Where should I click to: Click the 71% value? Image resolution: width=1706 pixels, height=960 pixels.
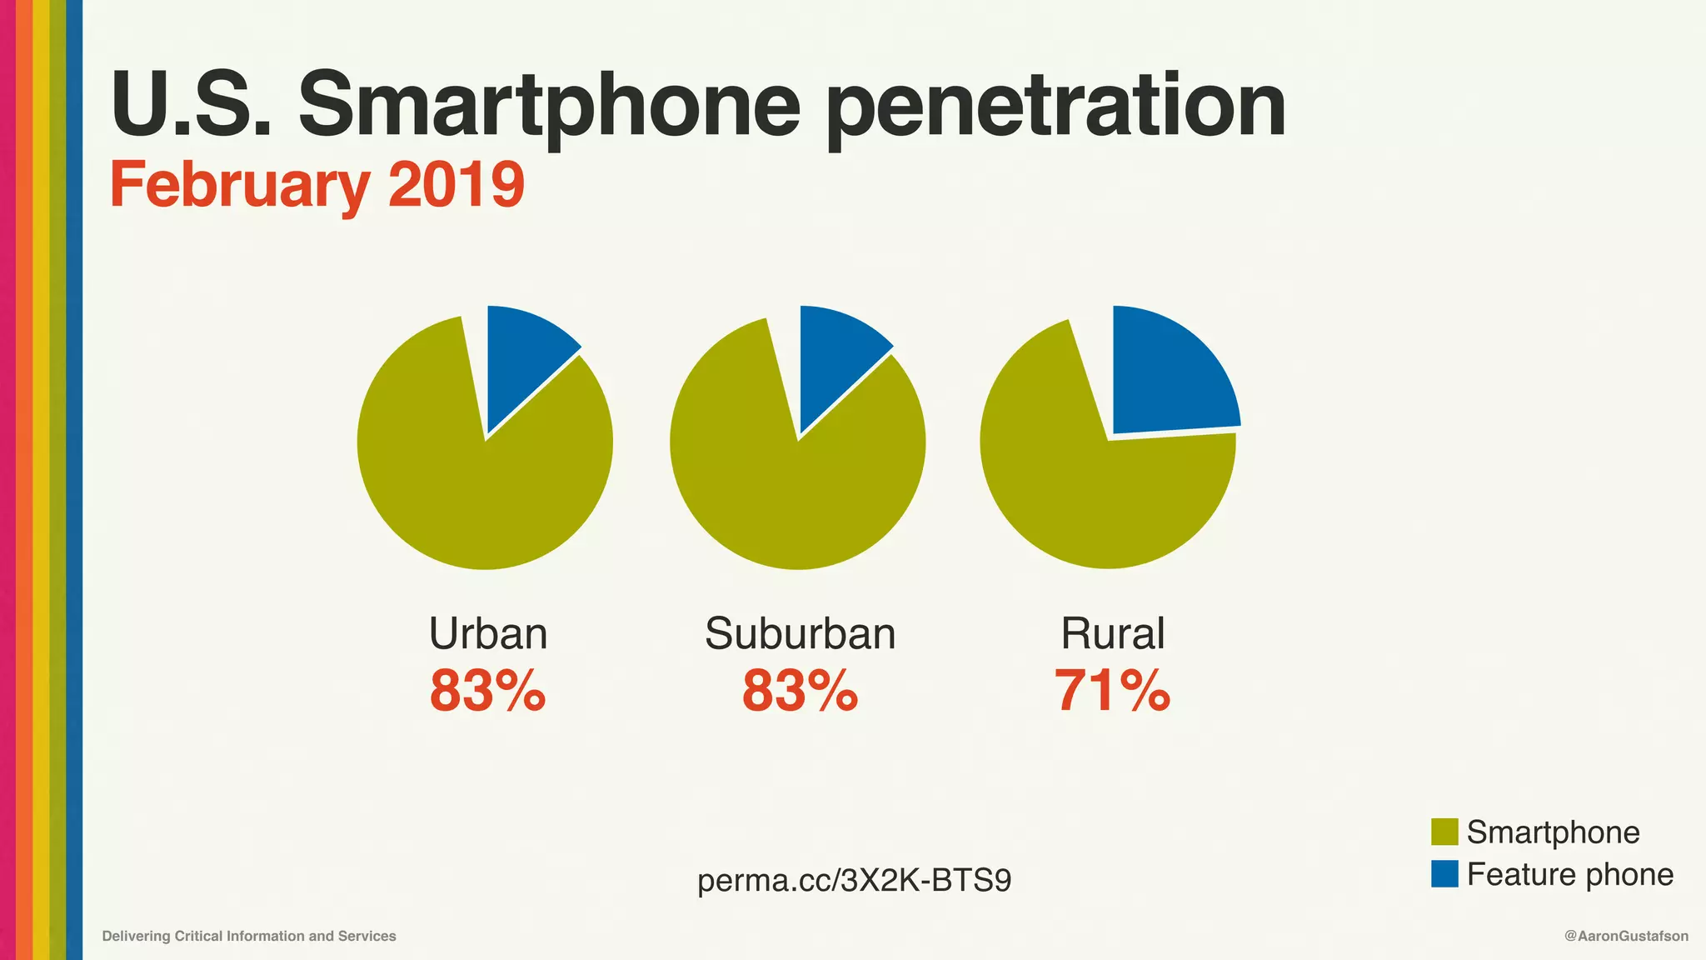(1112, 691)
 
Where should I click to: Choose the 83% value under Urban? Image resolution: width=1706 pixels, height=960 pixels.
(488, 691)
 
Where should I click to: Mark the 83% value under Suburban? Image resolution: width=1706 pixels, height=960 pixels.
(800, 691)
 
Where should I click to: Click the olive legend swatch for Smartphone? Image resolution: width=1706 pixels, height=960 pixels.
(1444, 832)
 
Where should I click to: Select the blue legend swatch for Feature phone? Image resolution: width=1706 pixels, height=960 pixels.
(1444, 873)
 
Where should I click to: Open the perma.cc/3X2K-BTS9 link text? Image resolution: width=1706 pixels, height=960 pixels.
(854, 880)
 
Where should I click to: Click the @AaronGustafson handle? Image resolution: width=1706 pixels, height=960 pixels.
(1626, 936)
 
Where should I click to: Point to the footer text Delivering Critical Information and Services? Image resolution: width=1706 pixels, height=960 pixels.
(249, 936)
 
